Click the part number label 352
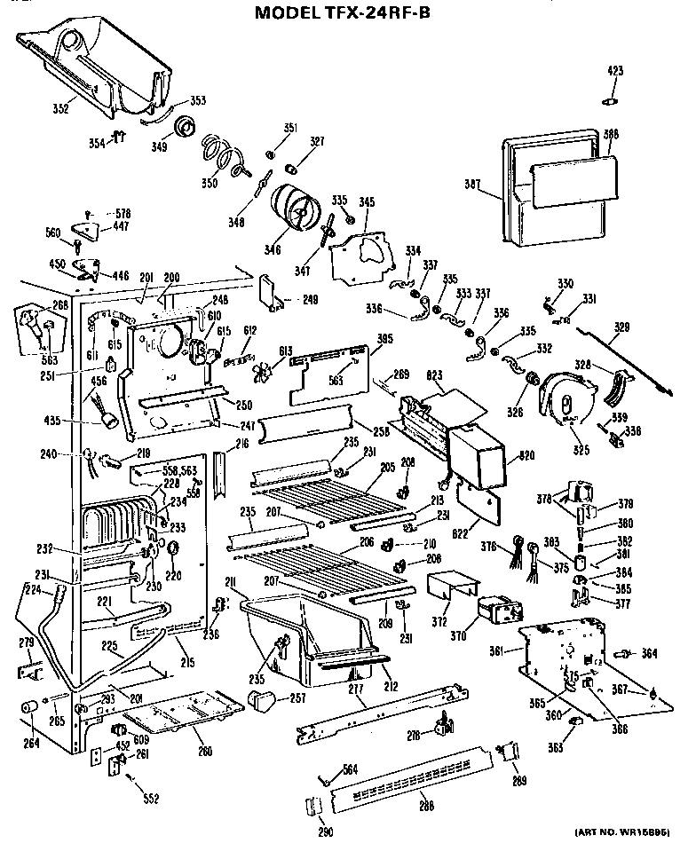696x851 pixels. (x=59, y=110)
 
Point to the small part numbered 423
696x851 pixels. (x=611, y=98)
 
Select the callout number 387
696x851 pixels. (x=472, y=185)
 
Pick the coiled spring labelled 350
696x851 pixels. (x=221, y=152)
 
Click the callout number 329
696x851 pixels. (x=622, y=327)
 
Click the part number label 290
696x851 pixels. (x=325, y=831)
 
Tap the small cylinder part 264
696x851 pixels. (x=29, y=708)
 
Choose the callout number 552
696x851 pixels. (x=151, y=799)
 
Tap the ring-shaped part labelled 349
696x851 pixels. (x=186, y=127)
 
